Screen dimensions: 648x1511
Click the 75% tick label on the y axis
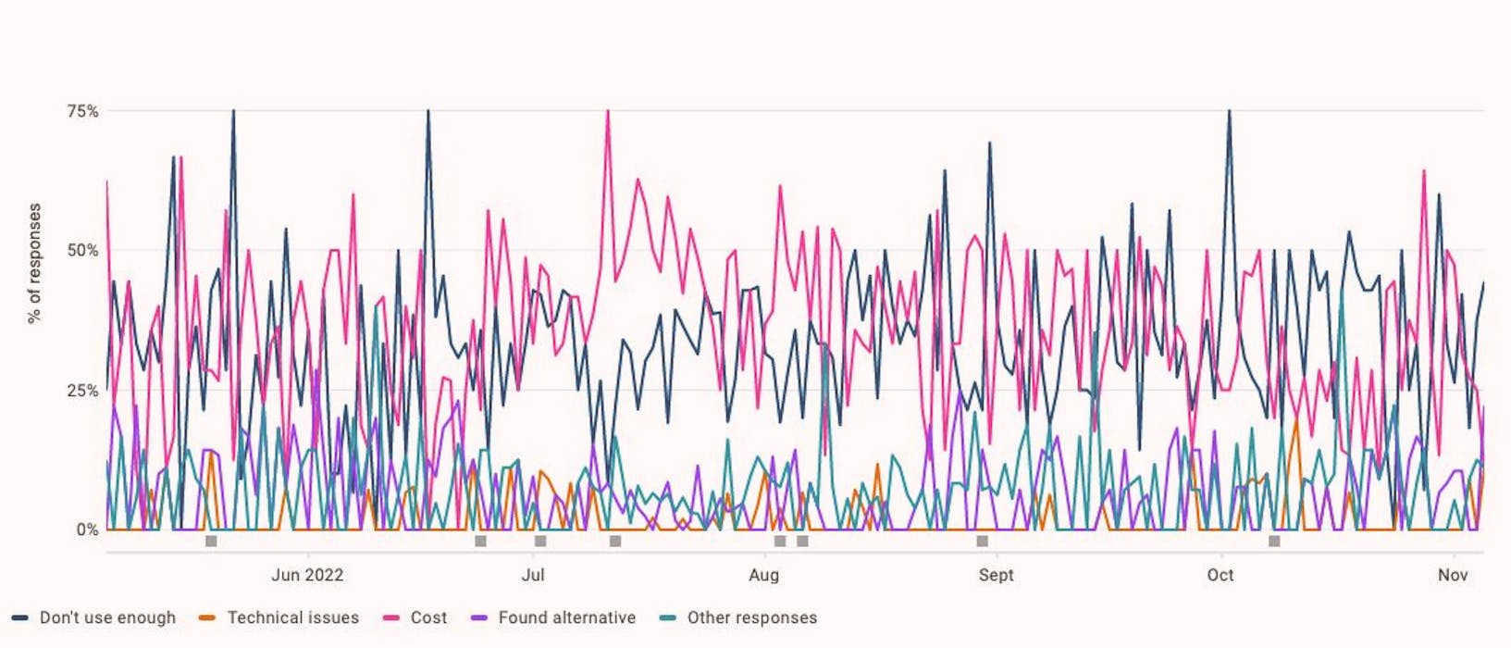tap(81, 111)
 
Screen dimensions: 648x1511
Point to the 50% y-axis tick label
tap(81, 251)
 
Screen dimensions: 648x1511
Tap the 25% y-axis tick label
tap(81, 391)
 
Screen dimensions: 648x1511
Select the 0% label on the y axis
tap(87, 530)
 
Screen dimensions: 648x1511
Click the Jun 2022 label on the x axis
tap(307, 575)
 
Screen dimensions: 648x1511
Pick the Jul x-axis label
tap(533, 575)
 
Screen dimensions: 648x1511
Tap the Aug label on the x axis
tap(763, 575)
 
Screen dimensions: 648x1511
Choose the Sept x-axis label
tap(996, 575)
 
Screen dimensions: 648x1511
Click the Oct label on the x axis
tap(1220, 575)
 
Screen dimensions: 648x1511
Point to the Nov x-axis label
tap(1453, 575)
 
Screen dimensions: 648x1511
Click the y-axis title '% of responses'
tap(35, 264)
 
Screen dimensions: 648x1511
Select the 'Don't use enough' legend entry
tap(106, 617)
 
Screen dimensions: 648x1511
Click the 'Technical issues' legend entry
tap(292, 617)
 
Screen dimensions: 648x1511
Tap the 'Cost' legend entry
tap(428, 617)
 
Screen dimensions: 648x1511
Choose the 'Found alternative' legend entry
tap(566, 617)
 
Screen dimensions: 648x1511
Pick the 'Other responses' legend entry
tap(751, 617)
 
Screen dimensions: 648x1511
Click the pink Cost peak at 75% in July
tap(607, 112)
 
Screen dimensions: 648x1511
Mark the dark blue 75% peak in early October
tap(1229, 112)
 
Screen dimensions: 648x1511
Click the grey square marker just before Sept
tap(982, 541)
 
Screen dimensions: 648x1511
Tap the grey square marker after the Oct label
tap(1274, 541)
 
